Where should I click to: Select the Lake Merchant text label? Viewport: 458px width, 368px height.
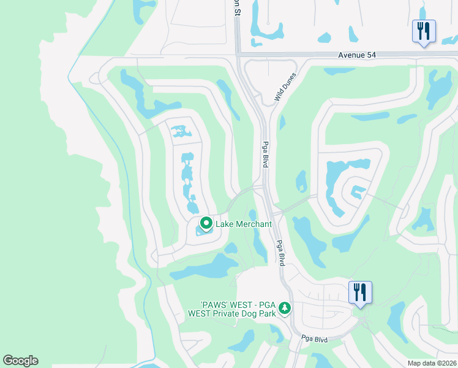244,224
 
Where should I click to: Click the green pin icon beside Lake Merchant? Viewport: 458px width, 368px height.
206,223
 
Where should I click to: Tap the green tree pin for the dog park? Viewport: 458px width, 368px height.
284,308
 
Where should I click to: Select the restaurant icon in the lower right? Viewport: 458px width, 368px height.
360,292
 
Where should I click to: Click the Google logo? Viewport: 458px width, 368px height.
20,361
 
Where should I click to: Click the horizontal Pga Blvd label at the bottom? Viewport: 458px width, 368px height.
315,339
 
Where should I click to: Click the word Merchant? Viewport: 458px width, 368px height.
253,224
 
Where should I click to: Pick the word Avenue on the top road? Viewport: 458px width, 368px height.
350,55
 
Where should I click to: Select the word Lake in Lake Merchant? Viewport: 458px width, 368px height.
224,224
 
